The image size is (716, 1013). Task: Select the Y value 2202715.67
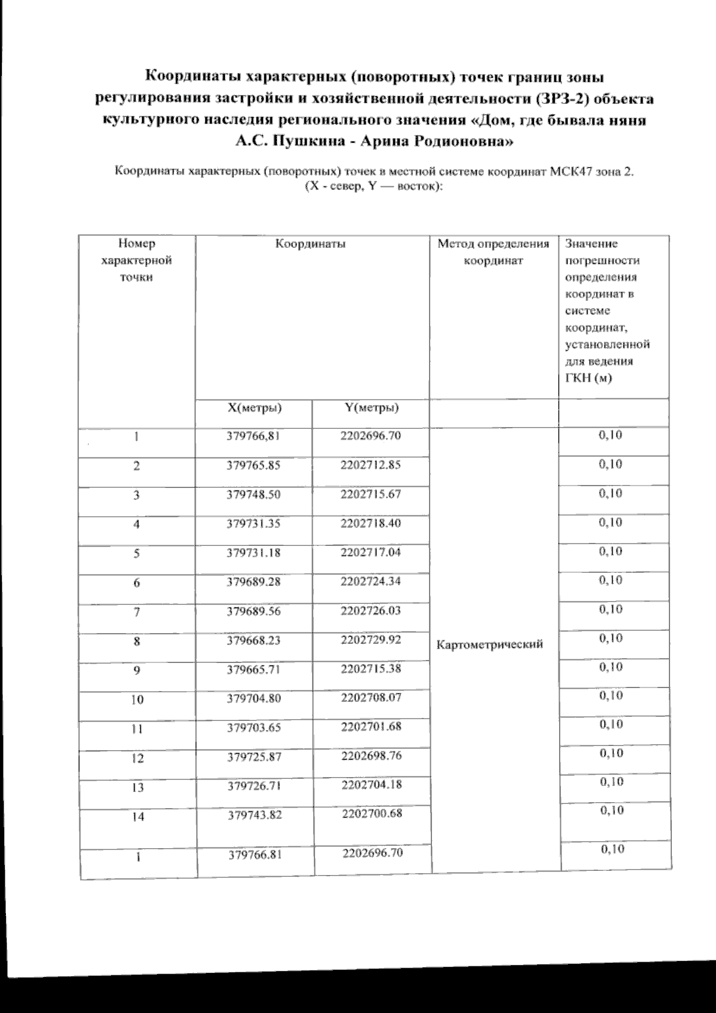[x=371, y=494]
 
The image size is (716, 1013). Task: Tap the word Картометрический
[x=490, y=644]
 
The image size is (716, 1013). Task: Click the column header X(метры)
[x=255, y=408]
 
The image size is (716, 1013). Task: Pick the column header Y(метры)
[x=372, y=408]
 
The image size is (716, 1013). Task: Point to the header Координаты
[x=311, y=244]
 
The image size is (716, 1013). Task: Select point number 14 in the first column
[x=138, y=816]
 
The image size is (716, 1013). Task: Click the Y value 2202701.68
[x=372, y=727]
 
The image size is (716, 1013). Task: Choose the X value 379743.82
[x=255, y=815]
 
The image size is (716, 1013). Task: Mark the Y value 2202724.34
[x=371, y=581]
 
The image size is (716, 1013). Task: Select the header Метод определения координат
[x=493, y=252]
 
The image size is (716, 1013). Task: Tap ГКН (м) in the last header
[x=588, y=377]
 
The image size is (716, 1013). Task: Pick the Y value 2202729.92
[x=371, y=640]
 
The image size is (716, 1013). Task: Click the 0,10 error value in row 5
[x=610, y=551]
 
